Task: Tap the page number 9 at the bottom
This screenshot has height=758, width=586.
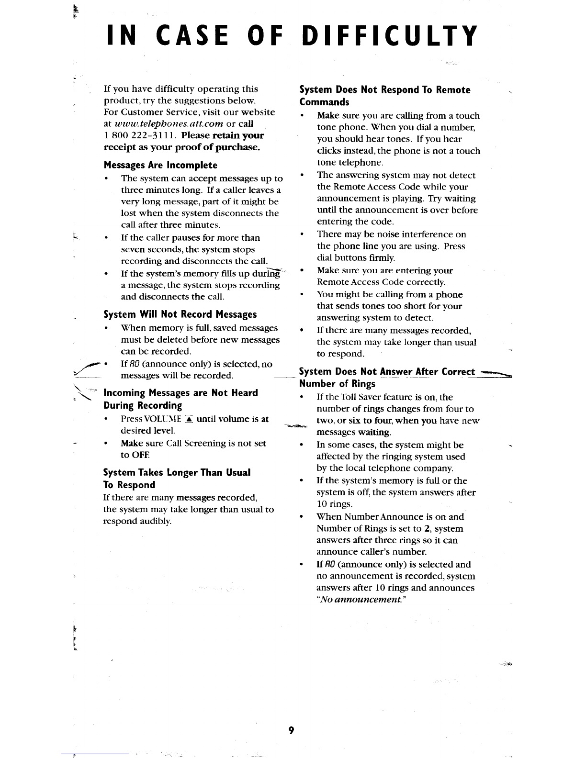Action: [x=291, y=730]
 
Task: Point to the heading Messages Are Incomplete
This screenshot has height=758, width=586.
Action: [x=160, y=165]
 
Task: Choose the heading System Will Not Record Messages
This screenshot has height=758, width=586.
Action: [x=180, y=314]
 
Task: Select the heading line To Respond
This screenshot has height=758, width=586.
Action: [x=129, y=485]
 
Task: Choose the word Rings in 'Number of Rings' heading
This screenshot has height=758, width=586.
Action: [x=363, y=384]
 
